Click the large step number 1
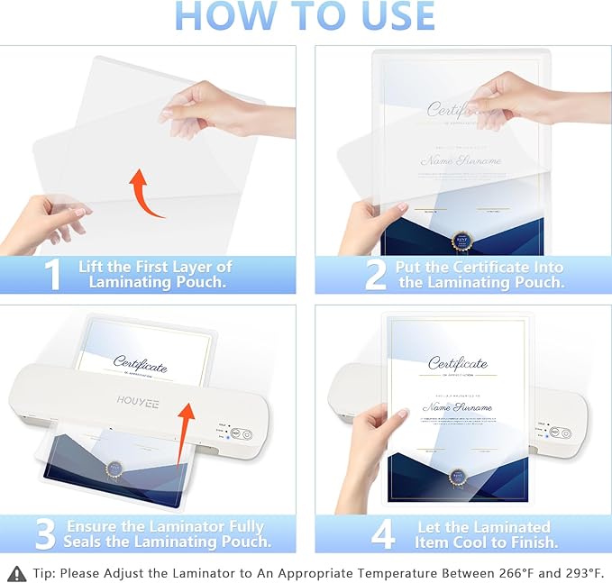[53, 275]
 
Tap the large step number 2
[375, 275]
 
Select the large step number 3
[45, 533]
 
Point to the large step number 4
[382, 533]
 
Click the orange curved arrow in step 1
[144, 193]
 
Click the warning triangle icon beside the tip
[16, 571]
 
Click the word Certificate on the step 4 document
[457, 363]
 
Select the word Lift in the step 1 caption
[95, 267]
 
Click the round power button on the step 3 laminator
[236, 433]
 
